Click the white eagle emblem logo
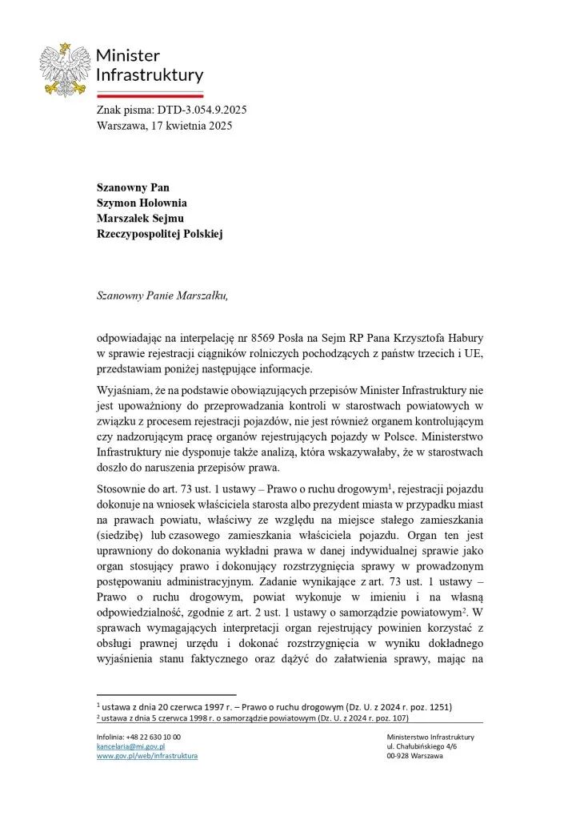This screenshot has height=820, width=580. click(64, 70)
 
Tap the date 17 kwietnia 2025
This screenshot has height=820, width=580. click(192, 125)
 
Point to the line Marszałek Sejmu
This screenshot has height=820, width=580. click(142, 219)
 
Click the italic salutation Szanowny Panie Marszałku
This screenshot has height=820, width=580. click(162, 295)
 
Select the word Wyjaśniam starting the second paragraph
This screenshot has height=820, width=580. click(124, 391)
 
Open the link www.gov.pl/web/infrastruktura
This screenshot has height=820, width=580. click(147, 755)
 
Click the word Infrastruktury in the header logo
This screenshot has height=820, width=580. click(150, 75)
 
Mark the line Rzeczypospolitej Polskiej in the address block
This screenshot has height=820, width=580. click(160, 234)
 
